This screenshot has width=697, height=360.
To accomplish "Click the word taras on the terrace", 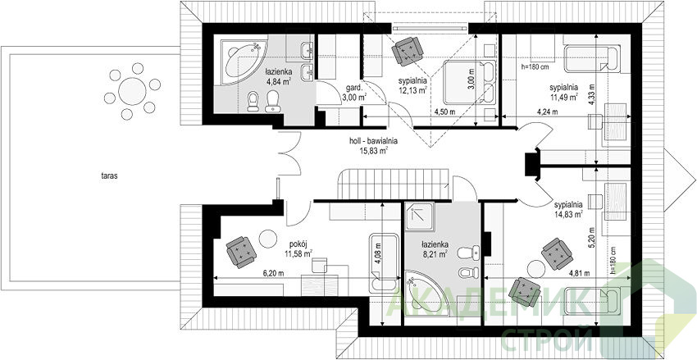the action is click(x=109, y=176).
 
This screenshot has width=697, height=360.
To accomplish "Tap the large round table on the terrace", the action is click(x=132, y=91).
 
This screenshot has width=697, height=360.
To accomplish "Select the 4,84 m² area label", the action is click(x=279, y=81).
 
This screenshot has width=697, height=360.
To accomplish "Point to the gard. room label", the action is click(x=352, y=88).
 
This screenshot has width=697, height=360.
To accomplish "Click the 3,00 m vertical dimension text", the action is click(x=471, y=79).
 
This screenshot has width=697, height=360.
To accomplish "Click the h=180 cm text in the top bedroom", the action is click(x=535, y=67).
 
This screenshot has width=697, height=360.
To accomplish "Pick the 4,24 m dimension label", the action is click(x=547, y=112).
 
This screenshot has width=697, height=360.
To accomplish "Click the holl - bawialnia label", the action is click(x=373, y=141).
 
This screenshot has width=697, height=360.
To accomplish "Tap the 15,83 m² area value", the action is click(x=374, y=150).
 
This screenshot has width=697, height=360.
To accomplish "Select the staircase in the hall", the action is click(x=393, y=184).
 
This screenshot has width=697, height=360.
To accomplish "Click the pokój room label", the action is click(x=298, y=244).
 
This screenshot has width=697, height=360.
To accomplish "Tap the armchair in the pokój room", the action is click(x=241, y=252).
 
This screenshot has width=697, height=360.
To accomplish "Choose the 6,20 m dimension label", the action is click(x=273, y=273).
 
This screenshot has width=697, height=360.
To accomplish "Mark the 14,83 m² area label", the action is click(x=568, y=214).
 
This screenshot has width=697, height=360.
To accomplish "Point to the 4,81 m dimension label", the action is click(x=580, y=273).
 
